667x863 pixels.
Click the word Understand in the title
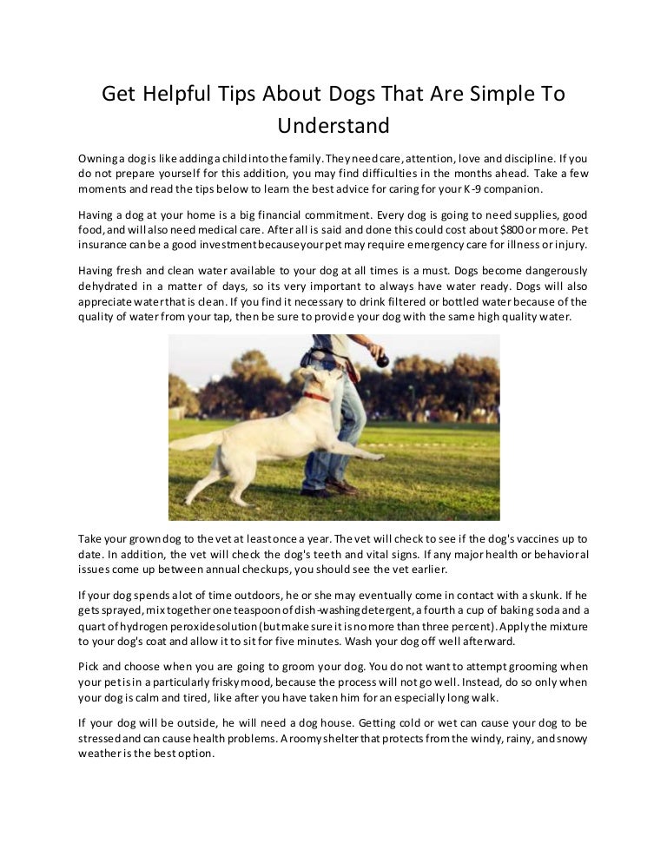pyautogui.click(x=333, y=126)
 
